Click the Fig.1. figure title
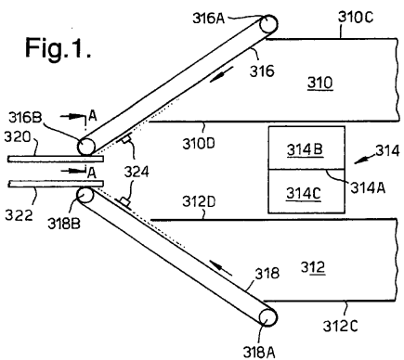(59, 48)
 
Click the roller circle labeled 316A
(268, 24)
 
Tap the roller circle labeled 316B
(86, 147)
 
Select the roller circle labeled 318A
(267, 317)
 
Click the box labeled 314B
(306, 148)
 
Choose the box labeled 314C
(306, 191)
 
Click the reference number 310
(320, 83)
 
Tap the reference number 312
(313, 267)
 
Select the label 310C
(356, 17)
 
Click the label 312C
(340, 326)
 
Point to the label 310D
(199, 144)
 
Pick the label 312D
(199, 201)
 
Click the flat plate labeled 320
(56, 159)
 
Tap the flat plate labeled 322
(56, 184)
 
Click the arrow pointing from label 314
(365, 160)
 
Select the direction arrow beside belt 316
(221, 75)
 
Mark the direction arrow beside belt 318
(221, 267)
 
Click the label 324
(137, 172)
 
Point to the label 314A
(368, 187)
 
